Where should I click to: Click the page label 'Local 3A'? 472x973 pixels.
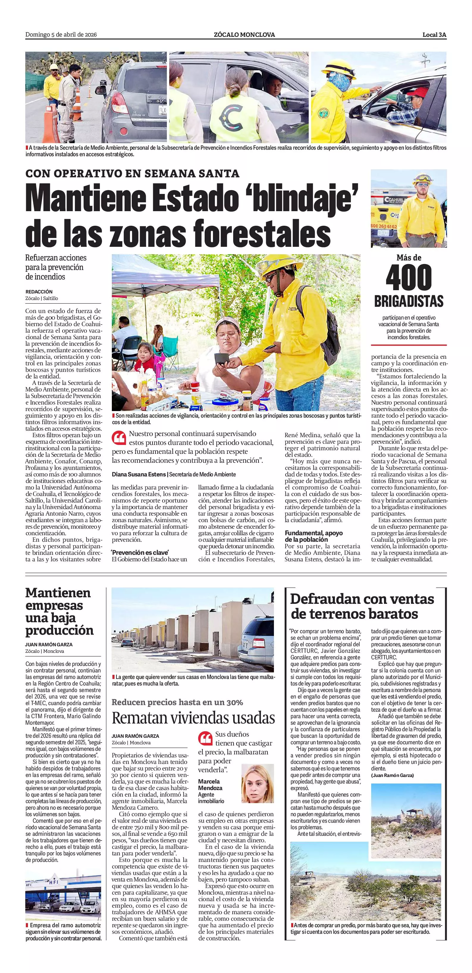(434, 35)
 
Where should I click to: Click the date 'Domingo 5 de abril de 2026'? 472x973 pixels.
(61, 35)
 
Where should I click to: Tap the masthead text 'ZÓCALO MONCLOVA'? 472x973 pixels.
(244, 35)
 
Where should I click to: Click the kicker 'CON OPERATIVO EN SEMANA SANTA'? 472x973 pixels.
(132, 173)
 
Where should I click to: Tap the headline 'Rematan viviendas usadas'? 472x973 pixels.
(193, 718)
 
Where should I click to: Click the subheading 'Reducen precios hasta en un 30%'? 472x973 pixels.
(177, 702)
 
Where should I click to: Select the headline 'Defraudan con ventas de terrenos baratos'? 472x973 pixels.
(362, 606)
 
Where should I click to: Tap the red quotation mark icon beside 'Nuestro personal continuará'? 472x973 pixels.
(119, 438)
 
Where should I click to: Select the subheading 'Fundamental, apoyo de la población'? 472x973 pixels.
(313, 536)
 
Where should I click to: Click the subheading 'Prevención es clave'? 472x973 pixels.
(140, 552)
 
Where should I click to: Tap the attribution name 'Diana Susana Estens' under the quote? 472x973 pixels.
(139, 474)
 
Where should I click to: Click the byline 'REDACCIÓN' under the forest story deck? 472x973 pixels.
(39, 292)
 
